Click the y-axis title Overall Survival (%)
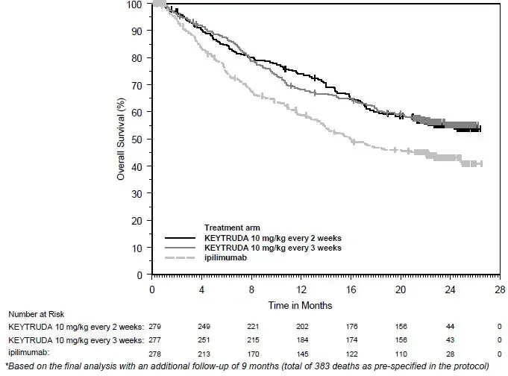click(120, 140)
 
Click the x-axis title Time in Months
click(301, 305)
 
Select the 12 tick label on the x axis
click(301, 289)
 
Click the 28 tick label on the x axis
click(499, 289)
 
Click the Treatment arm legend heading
click(234, 228)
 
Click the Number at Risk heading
click(37, 315)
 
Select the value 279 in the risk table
click(155, 327)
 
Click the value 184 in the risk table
click(301, 339)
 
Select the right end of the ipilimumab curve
click(482, 163)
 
